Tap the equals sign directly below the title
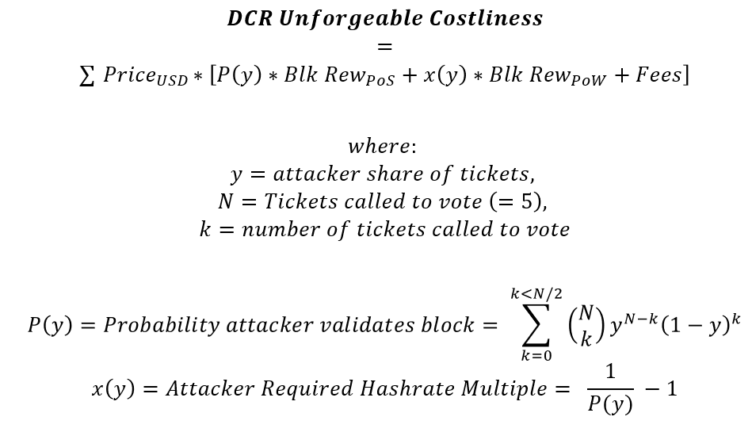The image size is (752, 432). tap(384, 47)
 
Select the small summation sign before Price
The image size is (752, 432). tap(88, 77)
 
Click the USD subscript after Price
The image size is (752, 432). tap(172, 81)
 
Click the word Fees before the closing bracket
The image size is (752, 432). tap(659, 75)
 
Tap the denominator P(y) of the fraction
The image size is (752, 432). tap(609, 404)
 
